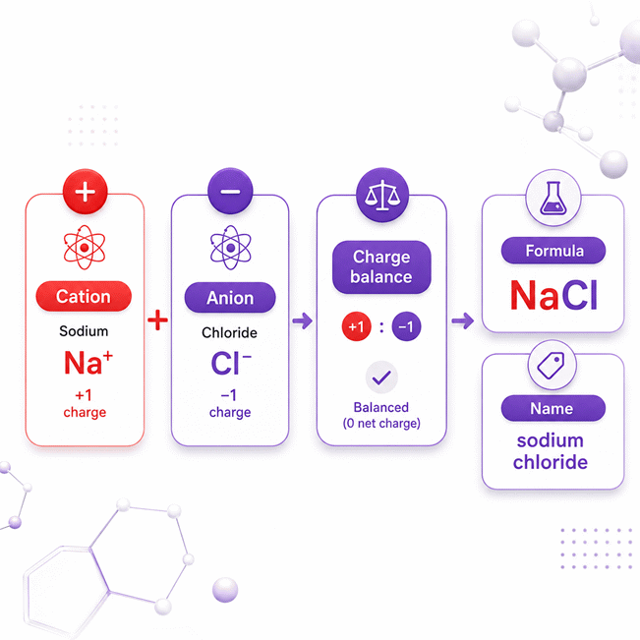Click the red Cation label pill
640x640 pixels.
[x=84, y=296]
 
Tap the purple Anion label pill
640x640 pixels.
[x=230, y=298]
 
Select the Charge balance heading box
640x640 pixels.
[x=381, y=267]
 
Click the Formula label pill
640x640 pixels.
[x=553, y=251]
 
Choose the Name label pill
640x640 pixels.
[x=553, y=408]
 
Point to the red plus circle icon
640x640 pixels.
[x=86, y=192]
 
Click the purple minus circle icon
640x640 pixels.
[x=230, y=191]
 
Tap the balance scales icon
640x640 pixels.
[x=382, y=195]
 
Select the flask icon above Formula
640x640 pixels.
[x=553, y=199]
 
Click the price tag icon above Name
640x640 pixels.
[x=552, y=365]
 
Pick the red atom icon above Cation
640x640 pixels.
[x=85, y=248]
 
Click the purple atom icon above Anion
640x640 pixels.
[x=231, y=248]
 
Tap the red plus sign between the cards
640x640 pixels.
[x=157, y=320]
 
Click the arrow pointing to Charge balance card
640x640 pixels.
[x=303, y=320]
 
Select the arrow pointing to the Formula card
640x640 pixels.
[x=463, y=320]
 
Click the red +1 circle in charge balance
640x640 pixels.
[x=356, y=326]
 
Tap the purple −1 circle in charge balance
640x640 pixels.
[x=406, y=326]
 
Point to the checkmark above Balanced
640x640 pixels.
[x=381, y=378]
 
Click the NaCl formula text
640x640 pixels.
[x=553, y=295]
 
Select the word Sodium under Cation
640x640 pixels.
[x=84, y=331]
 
